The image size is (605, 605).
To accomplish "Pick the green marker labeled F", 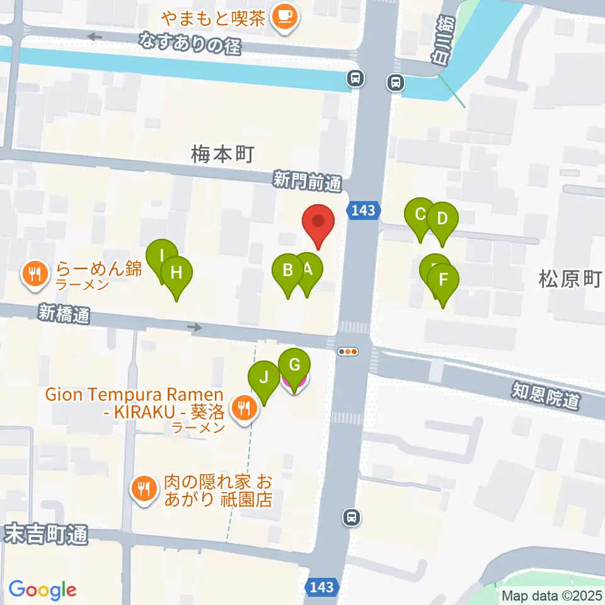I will tap(443, 279).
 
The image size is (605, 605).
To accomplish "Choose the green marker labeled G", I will tap(294, 366).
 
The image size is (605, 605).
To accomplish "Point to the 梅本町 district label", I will tap(222, 153).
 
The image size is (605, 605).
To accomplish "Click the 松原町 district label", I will tap(570, 278).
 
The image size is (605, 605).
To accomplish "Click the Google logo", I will tap(42, 590).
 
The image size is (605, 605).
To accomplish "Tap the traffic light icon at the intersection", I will tap(348, 352).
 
